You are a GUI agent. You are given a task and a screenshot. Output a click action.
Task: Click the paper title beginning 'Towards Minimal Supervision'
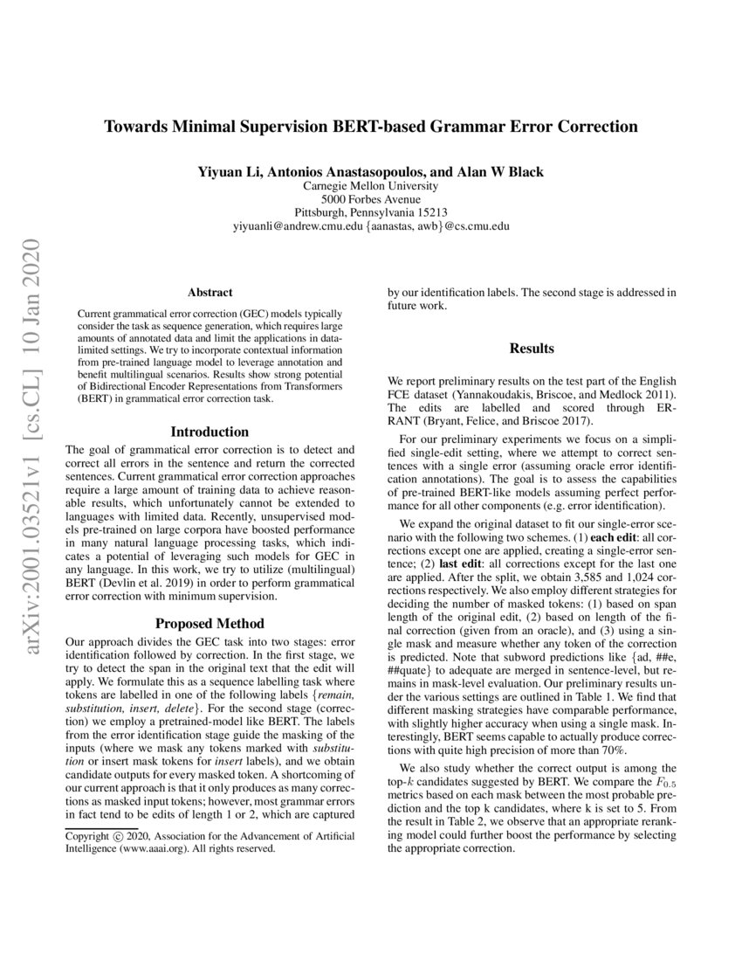pos(371,127)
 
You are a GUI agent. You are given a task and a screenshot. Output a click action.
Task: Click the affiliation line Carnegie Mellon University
pos(371,186)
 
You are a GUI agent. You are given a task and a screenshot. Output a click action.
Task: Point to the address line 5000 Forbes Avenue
pos(371,199)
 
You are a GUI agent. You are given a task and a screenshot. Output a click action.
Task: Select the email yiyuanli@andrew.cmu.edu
pos(298,225)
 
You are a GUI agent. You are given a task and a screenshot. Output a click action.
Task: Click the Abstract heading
pos(210,293)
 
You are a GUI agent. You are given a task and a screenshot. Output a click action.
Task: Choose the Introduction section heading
pos(210,432)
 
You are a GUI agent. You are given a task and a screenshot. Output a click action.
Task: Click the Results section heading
pos(532,349)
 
